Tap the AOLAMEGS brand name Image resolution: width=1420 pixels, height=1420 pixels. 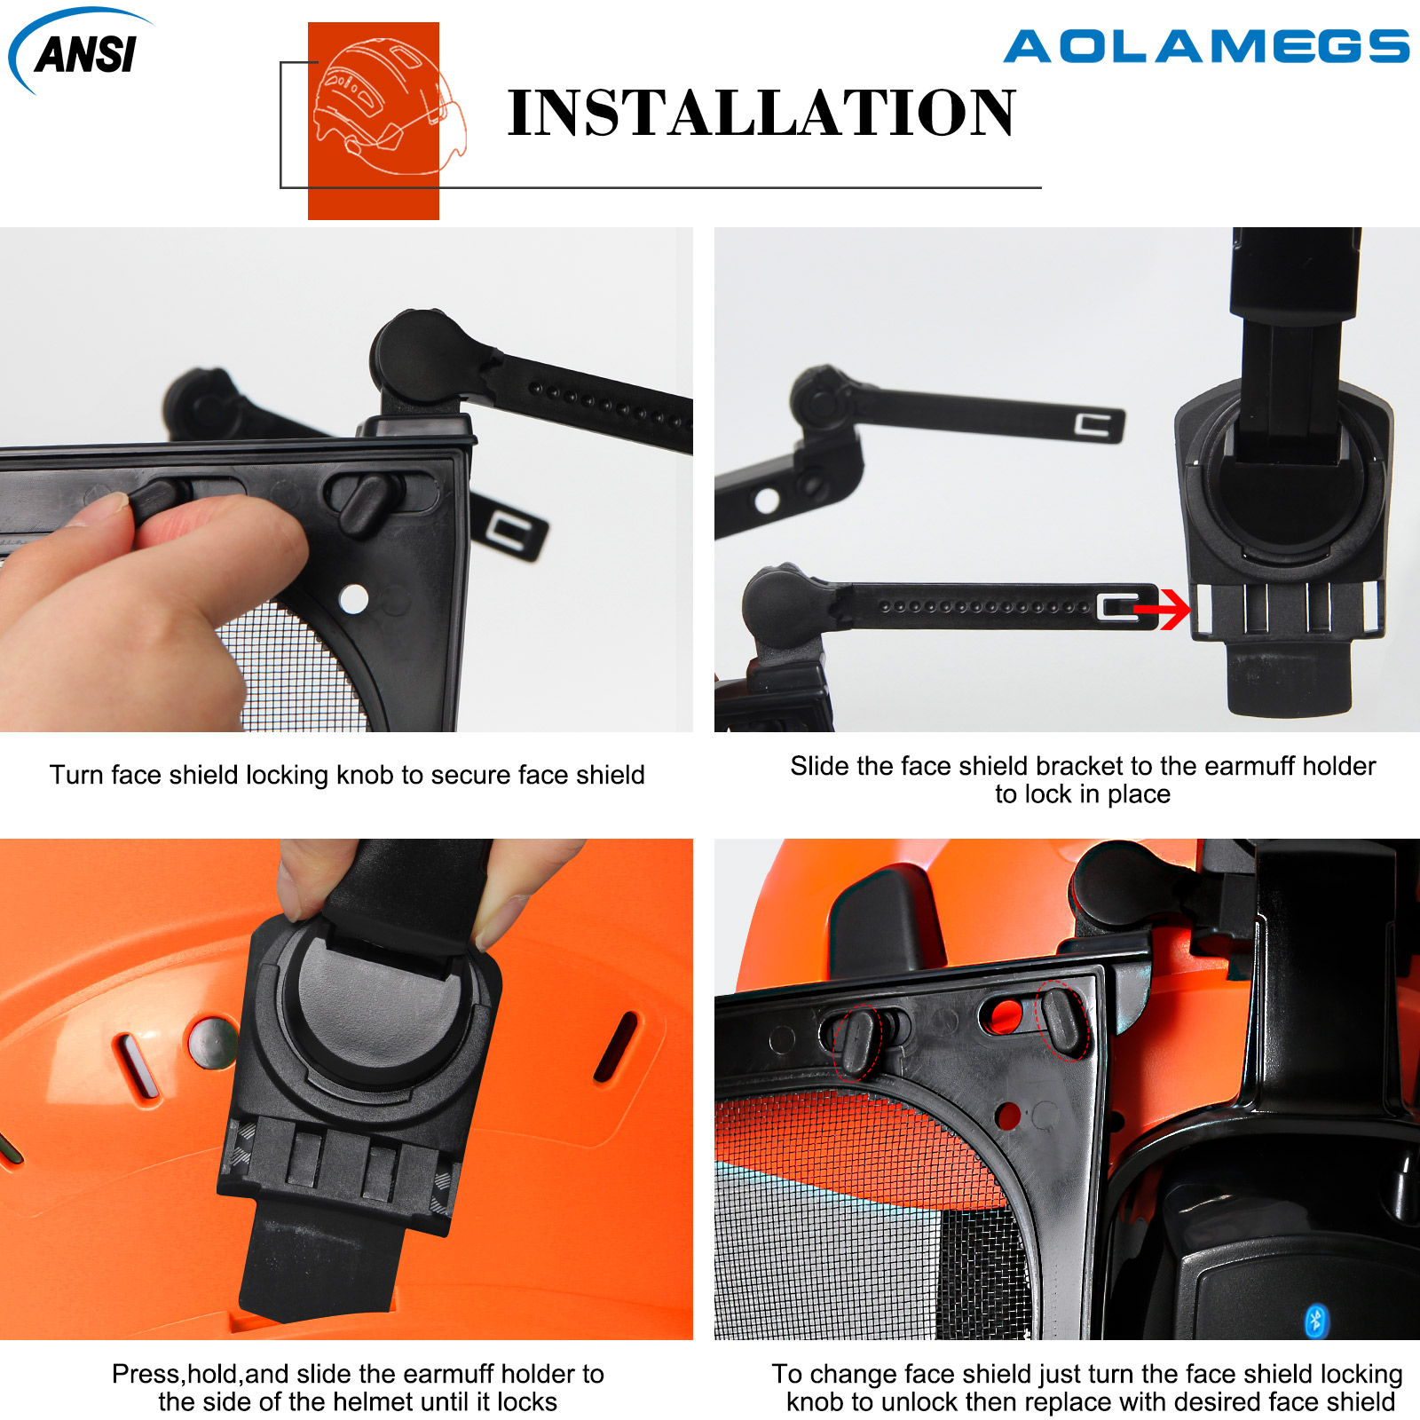click(x=1207, y=47)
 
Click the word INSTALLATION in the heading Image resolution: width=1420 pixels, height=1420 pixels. click(x=761, y=113)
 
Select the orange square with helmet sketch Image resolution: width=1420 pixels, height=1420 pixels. click(x=374, y=121)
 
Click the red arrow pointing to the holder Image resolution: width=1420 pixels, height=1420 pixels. click(x=1163, y=610)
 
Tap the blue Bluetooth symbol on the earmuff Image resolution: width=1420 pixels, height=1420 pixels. click(x=1315, y=1320)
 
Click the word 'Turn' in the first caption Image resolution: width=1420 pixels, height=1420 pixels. click(x=76, y=775)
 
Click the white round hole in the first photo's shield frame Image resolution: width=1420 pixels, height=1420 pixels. click(x=354, y=599)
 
